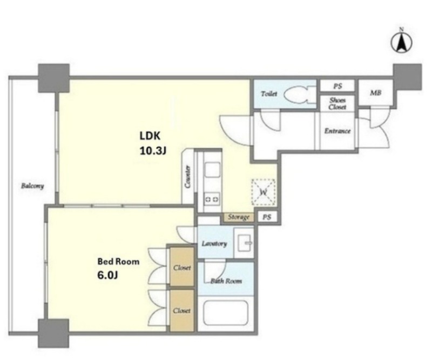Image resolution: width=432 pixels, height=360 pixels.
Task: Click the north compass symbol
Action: coord(401,42)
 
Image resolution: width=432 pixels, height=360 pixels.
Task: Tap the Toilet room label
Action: coord(268,94)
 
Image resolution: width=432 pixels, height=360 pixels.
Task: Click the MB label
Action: coord(375,93)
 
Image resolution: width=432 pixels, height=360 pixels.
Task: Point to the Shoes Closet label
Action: coord(337,103)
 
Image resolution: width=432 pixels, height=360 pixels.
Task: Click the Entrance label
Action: coord(337,131)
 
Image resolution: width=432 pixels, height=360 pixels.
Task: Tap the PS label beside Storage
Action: coord(267,217)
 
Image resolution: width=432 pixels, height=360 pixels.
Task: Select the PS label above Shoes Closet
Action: coord(337,86)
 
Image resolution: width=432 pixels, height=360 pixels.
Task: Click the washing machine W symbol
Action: coord(264,192)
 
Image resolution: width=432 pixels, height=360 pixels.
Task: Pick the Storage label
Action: coord(239,217)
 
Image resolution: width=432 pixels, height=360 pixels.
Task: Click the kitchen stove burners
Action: coord(212,198)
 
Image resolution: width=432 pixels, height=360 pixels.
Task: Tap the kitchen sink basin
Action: coord(212,170)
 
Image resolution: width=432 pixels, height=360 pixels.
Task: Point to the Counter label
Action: coord(188,177)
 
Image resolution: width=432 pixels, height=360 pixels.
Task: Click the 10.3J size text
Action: coord(153,151)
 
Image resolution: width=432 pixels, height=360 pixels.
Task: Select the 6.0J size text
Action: coord(107,275)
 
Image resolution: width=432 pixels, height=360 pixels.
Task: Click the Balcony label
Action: coord(32,186)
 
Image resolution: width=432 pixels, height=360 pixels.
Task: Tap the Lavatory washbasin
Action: coord(244,243)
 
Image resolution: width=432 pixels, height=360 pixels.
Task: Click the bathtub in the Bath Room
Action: coord(226,313)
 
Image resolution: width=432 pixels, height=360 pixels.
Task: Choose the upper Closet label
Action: coord(182,268)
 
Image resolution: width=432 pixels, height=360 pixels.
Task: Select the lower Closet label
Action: coord(182,311)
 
